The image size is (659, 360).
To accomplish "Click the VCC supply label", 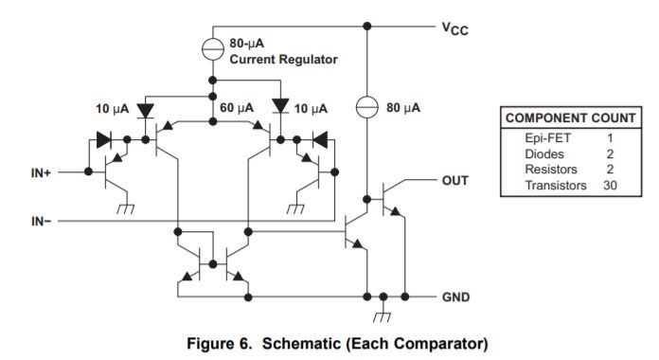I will coord(455,29).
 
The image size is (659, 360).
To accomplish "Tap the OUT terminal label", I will coord(455,179).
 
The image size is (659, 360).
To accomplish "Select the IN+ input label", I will coord(43,173).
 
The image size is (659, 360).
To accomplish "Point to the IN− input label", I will coord(43,222).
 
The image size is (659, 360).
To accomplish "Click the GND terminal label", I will coord(455,297).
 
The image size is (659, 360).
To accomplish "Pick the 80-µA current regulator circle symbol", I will coord(209,45).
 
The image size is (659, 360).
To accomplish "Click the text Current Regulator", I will coord(283,59).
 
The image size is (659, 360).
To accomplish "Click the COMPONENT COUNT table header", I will coord(570,118).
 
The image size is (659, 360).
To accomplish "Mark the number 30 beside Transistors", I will coord(611,185).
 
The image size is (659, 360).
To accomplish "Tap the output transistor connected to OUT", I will coord(388,198).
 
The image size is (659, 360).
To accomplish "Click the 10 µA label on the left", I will coord(111,109).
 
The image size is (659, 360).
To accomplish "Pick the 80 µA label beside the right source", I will coord(403,109).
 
